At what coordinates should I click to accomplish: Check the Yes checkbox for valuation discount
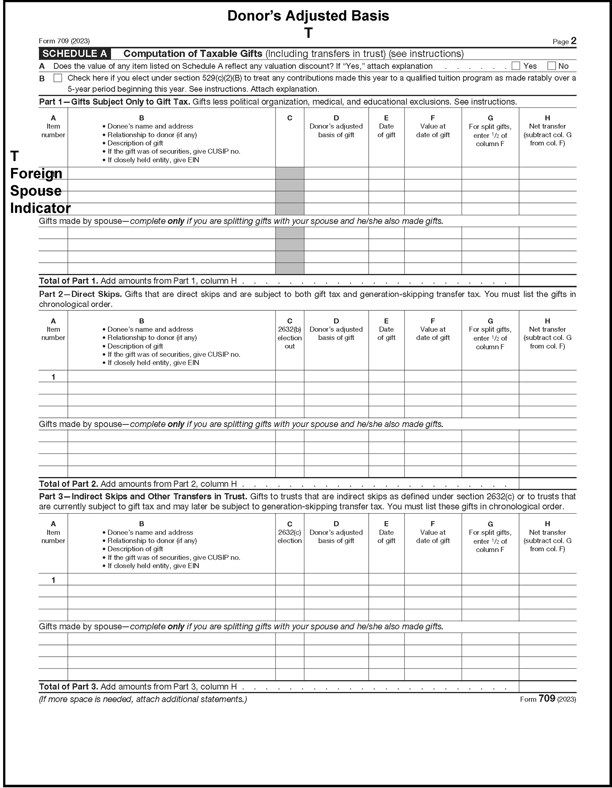coord(516,66)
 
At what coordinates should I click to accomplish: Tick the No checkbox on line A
coord(551,66)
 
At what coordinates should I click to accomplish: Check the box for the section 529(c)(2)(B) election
coord(58,78)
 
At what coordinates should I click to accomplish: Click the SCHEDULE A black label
coord(75,54)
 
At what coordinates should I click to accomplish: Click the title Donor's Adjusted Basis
coord(308,16)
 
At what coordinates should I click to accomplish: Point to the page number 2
coord(573,41)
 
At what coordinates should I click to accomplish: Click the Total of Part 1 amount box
coord(547,281)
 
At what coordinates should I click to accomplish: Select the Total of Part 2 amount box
coord(547,484)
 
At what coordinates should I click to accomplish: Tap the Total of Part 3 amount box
coord(547,687)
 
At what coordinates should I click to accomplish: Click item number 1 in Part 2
coord(54,377)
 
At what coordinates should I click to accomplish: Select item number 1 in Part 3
coord(54,580)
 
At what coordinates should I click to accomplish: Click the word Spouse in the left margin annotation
coord(36,191)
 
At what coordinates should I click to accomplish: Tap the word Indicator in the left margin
coord(40,208)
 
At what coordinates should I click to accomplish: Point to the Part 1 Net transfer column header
coord(547,131)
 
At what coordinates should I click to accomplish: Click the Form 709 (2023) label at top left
coord(64,41)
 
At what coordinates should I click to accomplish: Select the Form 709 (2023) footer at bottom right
coord(548,699)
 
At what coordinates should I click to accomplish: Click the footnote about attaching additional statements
coord(143,699)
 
